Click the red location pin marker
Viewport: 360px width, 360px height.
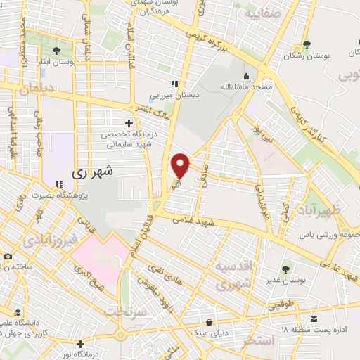pyautogui.click(x=181, y=165)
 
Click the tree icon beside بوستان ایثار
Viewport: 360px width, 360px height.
pyautogui.click(x=56, y=50)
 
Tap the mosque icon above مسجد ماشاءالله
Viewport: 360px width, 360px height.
pyautogui.click(x=247, y=77)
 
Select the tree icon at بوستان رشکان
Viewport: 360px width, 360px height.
pyautogui.click(x=307, y=45)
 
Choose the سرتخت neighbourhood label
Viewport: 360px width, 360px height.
pyautogui.click(x=129, y=310)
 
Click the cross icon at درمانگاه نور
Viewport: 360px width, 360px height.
pyautogui.click(x=82, y=345)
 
